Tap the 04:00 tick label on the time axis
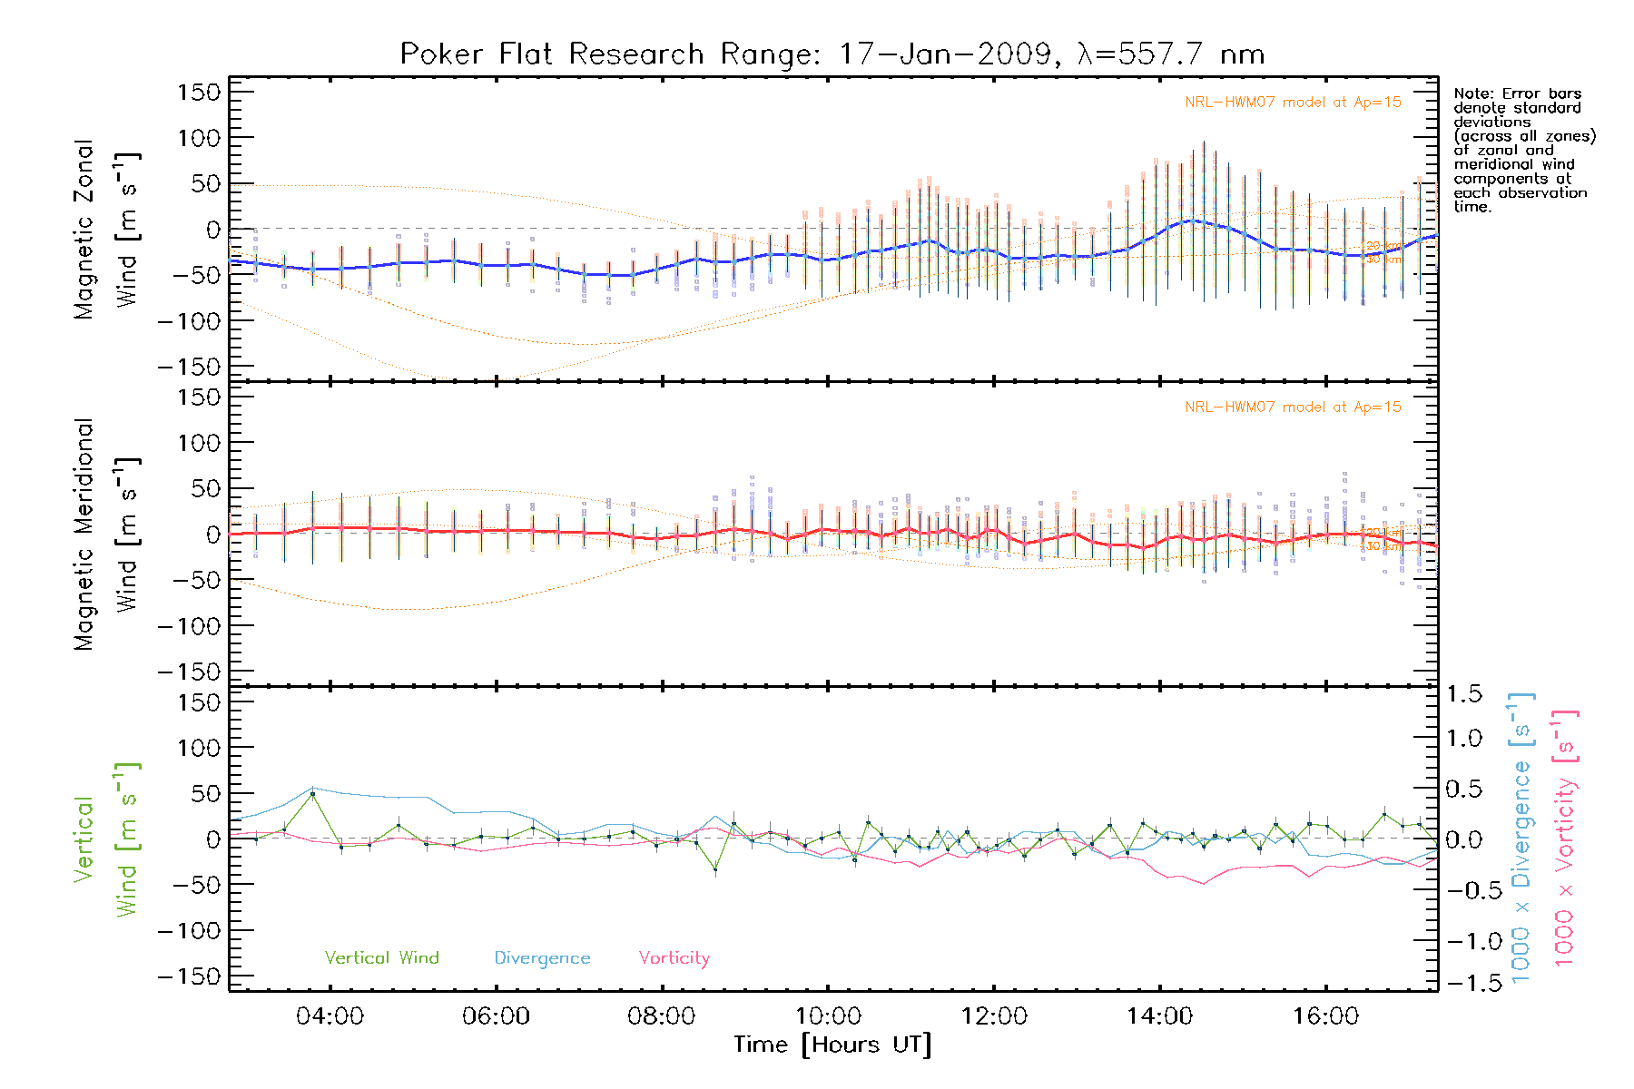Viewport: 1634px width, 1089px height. click(330, 1016)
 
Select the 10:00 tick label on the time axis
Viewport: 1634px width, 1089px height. click(828, 1016)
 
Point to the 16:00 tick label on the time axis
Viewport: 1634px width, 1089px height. click(1325, 1016)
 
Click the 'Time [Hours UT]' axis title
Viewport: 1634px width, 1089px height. click(832, 1045)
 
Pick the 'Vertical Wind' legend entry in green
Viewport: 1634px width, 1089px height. click(381, 958)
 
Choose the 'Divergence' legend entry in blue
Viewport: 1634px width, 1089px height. click(542, 958)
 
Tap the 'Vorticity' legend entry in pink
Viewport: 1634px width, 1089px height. click(674, 958)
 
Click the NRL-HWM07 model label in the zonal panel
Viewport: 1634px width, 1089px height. click(1293, 103)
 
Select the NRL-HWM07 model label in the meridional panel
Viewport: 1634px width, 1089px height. click(1293, 407)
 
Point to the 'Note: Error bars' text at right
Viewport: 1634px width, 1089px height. click(1517, 94)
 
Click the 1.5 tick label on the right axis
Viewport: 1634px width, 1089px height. click(1464, 694)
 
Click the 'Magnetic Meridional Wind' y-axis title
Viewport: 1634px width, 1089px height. click(106, 535)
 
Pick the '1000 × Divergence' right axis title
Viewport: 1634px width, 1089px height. click(1521, 838)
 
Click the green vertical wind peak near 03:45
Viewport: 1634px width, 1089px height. click(313, 794)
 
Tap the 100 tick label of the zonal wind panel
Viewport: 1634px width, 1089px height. click(200, 138)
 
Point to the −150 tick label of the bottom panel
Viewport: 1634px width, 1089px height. click(190, 976)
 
